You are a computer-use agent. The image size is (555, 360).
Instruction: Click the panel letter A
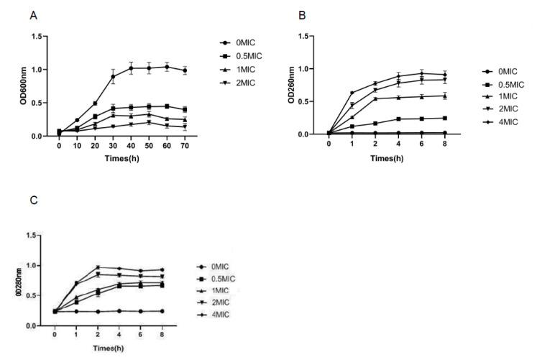click(x=33, y=14)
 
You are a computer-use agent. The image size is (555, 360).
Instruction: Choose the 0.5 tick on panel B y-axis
click(x=308, y=101)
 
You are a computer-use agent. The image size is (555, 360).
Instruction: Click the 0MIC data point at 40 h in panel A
click(x=131, y=68)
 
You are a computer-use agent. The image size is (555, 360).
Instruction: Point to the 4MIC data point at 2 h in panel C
click(x=98, y=267)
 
